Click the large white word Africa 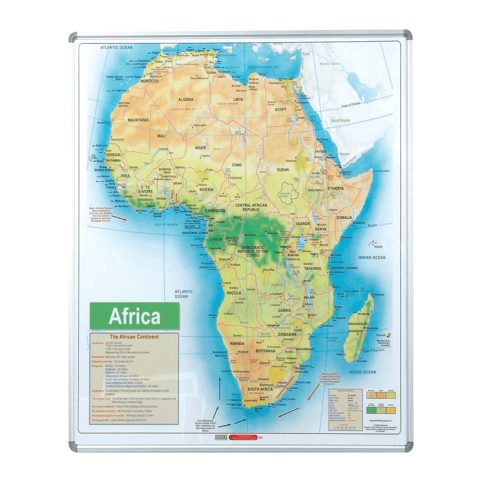[x=135, y=316]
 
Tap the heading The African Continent [x=134, y=337]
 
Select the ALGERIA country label [x=186, y=100]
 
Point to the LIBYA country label [x=238, y=100]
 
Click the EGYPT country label [x=281, y=110]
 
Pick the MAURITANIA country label [x=138, y=120]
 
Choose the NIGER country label [x=201, y=148]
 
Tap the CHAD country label [x=237, y=165]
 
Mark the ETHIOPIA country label [x=335, y=189]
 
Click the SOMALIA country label [x=344, y=218]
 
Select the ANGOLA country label [x=234, y=293]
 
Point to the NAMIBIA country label [x=237, y=343]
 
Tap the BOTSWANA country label [x=266, y=351]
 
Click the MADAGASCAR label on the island [x=358, y=324]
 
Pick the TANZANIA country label [x=312, y=268]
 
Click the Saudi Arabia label [x=340, y=120]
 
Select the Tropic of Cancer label [x=351, y=105]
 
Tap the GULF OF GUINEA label [x=166, y=225]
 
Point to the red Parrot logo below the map [x=222, y=436]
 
